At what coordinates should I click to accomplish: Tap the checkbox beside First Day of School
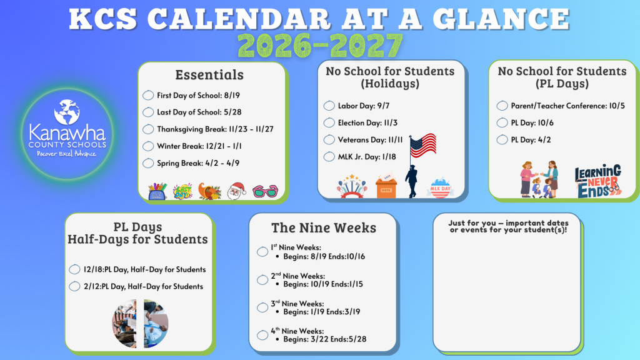click(x=148, y=96)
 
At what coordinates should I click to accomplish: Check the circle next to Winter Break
click(x=148, y=146)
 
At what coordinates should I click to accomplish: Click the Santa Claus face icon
click(x=236, y=190)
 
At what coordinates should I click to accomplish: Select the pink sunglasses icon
click(x=266, y=191)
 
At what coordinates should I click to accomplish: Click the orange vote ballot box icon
click(x=386, y=186)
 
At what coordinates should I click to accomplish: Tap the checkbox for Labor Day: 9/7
click(x=329, y=106)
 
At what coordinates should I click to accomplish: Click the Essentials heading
click(x=209, y=75)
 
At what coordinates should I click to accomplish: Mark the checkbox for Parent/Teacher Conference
click(x=502, y=106)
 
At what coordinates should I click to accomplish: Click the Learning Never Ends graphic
click(x=598, y=181)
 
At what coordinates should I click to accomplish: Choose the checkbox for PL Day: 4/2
click(x=502, y=140)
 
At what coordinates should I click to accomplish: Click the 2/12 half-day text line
click(x=143, y=286)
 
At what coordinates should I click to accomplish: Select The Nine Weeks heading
click(x=323, y=227)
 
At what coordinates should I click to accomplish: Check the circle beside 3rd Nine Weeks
click(x=262, y=307)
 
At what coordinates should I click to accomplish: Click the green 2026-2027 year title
click(x=320, y=45)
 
